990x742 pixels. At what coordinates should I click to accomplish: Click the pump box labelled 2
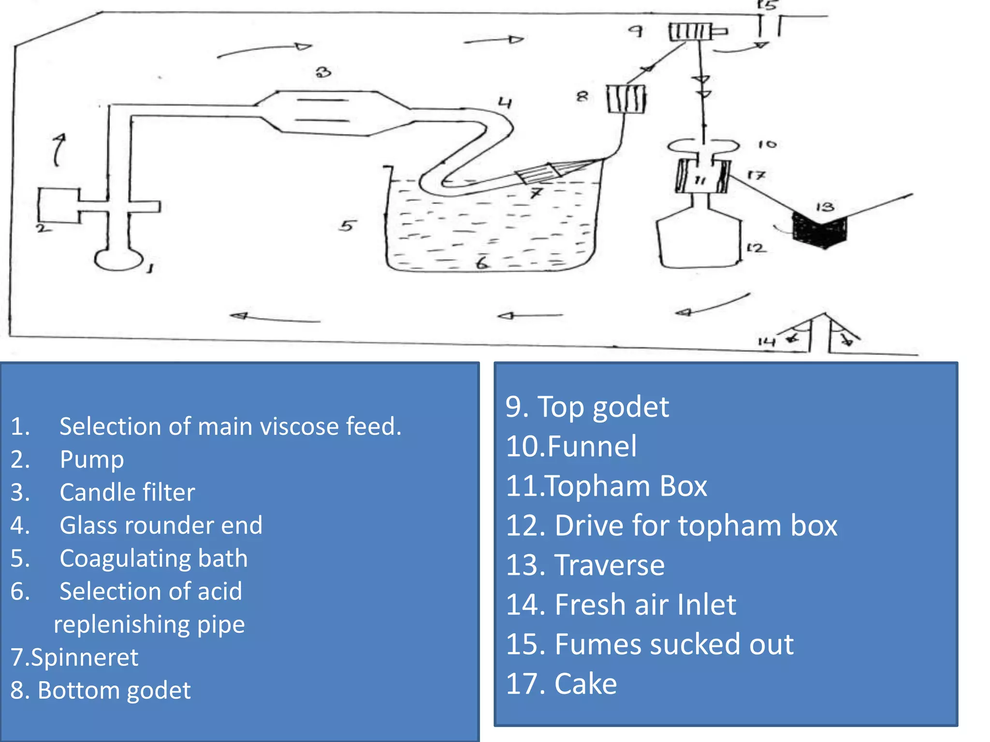tap(59, 206)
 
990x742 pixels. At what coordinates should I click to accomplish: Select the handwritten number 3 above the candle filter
tap(323, 72)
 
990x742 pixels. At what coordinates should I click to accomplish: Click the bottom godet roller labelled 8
tap(626, 99)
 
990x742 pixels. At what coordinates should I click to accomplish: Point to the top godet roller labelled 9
tap(690, 32)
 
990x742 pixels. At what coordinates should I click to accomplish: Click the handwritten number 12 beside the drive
tap(756, 248)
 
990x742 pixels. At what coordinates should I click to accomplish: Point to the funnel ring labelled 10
tap(703, 145)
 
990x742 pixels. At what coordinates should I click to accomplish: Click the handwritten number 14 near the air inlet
tap(766, 342)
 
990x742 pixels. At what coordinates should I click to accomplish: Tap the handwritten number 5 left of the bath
tap(347, 226)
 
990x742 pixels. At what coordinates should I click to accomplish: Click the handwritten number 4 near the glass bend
tap(505, 102)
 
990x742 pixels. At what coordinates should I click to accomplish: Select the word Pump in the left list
tap(92, 459)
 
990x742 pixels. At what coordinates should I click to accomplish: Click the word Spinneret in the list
tap(85, 657)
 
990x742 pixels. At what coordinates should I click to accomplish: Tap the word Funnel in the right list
tap(592, 446)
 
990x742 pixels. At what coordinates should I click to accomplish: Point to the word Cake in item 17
tap(585, 684)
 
